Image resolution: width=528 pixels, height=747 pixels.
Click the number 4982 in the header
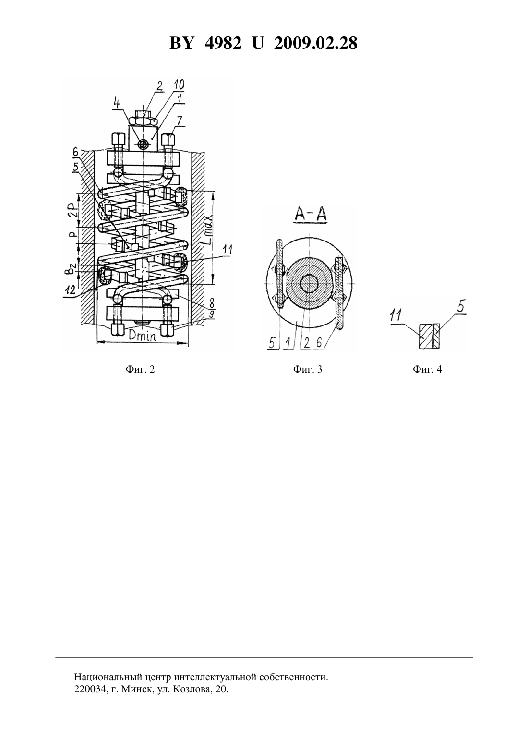click(223, 43)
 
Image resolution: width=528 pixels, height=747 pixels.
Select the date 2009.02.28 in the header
click(316, 43)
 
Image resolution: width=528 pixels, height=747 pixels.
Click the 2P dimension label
click(73, 210)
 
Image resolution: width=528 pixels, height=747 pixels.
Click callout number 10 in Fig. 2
click(179, 85)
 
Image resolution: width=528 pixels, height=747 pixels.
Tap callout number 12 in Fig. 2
click(70, 290)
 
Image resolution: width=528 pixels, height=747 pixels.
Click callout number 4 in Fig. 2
click(116, 103)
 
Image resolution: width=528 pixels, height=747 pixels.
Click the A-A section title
click(311, 214)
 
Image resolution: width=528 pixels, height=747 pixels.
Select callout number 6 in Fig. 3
click(319, 343)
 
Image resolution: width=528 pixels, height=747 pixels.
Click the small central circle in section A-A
click(309, 284)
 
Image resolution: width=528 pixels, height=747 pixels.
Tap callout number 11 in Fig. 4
click(396, 315)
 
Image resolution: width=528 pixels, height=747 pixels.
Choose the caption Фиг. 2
click(140, 369)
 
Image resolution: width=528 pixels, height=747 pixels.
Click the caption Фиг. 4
click(427, 369)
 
